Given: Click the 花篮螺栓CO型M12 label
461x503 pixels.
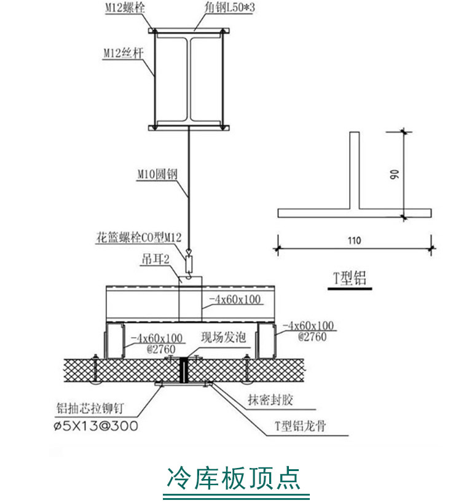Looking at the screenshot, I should (x=139, y=236).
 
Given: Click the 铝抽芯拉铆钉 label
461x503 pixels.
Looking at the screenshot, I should (x=93, y=408).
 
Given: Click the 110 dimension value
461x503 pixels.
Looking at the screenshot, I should (x=353, y=240).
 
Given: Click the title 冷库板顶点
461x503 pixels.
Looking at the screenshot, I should (x=233, y=477).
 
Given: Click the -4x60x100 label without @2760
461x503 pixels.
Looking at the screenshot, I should (x=234, y=300).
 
